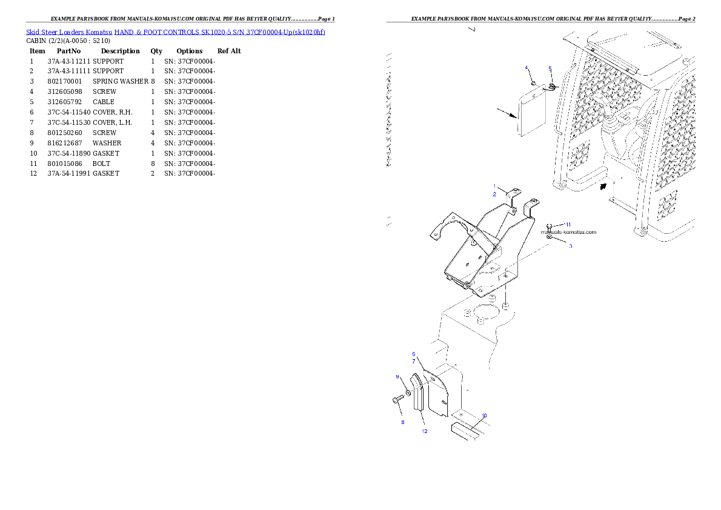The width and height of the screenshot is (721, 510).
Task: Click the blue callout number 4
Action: [526, 67]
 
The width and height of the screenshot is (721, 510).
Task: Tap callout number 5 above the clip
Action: [550, 69]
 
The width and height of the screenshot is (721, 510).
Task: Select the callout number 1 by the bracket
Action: [494, 186]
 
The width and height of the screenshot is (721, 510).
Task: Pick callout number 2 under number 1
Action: [494, 194]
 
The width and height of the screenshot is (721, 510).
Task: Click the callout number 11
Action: [568, 225]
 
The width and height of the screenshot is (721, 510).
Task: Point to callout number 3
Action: [570, 246]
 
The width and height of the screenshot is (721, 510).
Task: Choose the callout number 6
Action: [414, 354]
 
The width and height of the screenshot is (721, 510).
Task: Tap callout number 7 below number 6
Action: [414, 361]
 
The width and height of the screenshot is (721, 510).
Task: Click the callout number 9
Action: [397, 377]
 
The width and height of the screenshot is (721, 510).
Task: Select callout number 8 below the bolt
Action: [402, 422]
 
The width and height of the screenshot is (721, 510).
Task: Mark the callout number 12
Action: [425, 431]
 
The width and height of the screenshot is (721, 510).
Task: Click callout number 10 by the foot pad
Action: [484, 416]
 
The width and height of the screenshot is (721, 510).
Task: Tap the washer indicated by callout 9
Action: [408, 394]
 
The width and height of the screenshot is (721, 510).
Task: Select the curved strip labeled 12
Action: [419, 394]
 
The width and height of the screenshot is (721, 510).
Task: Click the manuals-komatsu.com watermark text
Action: [569, 232]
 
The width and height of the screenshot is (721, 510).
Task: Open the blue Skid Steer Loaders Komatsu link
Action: [175, 31]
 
